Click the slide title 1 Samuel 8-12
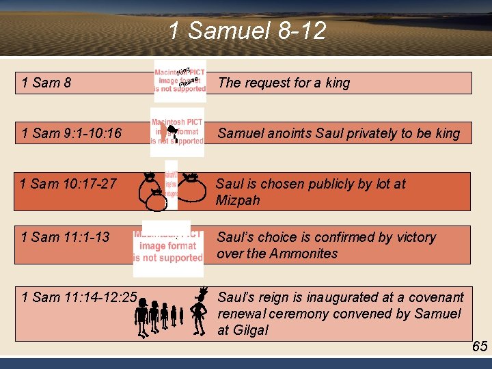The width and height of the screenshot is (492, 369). pyautogui.click(x=247, y=31)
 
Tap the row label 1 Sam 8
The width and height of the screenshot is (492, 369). pyautogui.click(x=46, y=83)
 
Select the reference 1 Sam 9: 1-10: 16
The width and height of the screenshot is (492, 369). pyautogui.click(x=71, y=133)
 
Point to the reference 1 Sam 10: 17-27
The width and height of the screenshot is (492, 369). pyautogui.click(x=68, y=184)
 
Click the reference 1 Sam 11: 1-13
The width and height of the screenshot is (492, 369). pyautogui.click(x=65, y=237)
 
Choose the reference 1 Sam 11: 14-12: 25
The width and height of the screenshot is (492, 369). pyautogui.click(x=79, y=297)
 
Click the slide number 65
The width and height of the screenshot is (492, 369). pyautogui.click(x=480, y=346)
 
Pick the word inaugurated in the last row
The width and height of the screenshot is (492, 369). pyautogui.click(x=342, y=297)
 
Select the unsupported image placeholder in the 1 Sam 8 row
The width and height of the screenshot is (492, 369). pyautogui.click(x=180, y=81)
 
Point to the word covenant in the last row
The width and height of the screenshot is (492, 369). pyautogui.click(x=435, y=297)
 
